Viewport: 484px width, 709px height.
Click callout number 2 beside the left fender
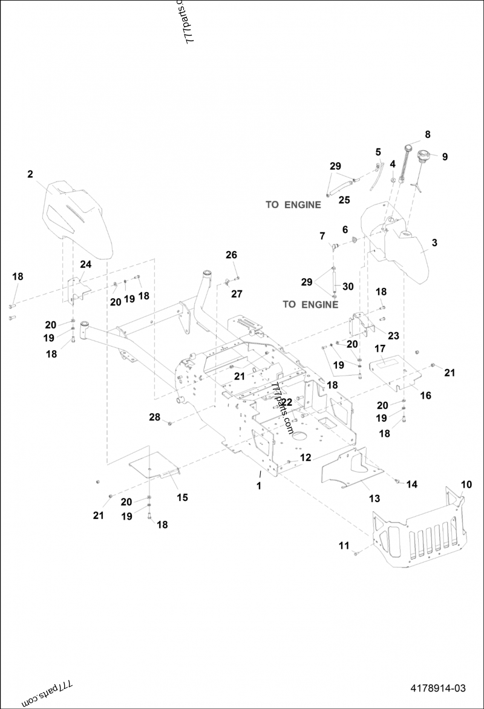point(30,174)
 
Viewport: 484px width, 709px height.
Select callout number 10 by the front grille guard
point(466,485)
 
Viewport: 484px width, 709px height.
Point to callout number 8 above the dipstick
point(428,134)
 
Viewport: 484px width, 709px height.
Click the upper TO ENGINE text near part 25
point(293,204)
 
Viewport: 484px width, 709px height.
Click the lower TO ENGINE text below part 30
point(310,304)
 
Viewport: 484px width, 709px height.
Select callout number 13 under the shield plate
point(374,498)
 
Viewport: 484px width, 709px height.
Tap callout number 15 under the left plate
point(182,497)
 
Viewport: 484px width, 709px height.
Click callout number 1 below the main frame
point(258,486)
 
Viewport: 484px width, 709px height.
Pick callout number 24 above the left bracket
point(85,264)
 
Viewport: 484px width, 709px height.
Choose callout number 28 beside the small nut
point(155,417)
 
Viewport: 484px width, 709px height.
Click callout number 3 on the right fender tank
point(434,243)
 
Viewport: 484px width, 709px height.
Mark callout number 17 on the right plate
point(380,348)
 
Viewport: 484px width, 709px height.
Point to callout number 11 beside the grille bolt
point(344,546)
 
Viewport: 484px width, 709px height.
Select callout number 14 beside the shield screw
point(411,484)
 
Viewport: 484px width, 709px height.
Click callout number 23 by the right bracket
point(394,335)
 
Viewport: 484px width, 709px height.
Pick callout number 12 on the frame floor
point(306,458)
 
